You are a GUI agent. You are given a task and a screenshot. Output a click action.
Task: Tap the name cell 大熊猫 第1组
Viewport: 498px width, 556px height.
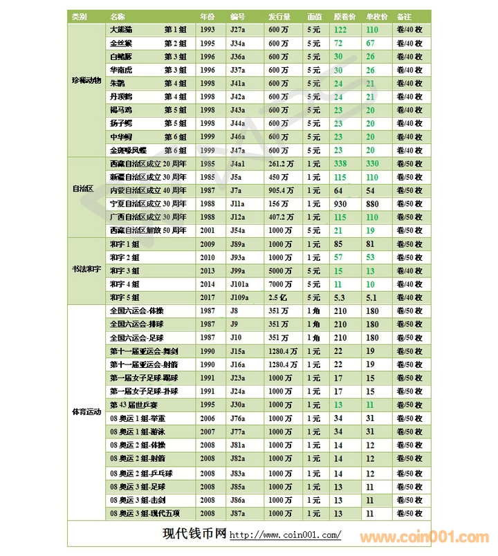(x=148, y=30)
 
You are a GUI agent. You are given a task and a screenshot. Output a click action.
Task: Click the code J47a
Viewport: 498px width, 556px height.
(x=238, y=150)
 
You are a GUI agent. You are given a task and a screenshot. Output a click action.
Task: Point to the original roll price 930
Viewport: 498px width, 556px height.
(x=340, y=203)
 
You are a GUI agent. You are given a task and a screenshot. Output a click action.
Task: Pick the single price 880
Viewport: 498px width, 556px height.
(x=372, y=203)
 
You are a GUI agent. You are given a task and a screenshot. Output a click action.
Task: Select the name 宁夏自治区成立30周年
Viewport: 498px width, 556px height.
(x=148, y=203)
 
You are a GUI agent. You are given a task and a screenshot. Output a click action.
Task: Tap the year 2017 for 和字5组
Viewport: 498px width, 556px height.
(x=207, y=297)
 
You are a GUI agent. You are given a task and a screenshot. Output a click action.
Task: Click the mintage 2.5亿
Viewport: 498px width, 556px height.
(x=278, y=297)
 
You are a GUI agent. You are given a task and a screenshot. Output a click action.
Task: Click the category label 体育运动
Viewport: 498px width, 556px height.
(x=86, y=411)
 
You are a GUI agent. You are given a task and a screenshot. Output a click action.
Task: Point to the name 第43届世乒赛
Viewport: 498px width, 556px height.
(x=133, y=404)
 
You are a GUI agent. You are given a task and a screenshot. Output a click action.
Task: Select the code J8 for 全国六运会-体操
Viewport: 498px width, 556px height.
(x=234, y=311)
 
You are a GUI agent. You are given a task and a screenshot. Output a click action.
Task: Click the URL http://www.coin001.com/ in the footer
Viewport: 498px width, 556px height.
(x=285, y=535)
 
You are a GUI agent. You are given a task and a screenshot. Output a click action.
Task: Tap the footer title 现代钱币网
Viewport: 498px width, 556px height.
(x=194, y=534)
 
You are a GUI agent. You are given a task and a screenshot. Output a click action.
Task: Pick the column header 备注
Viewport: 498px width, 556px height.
(x=405, y=16)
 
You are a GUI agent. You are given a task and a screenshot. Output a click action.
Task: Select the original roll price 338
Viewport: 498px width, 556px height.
(x=340, y=164)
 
